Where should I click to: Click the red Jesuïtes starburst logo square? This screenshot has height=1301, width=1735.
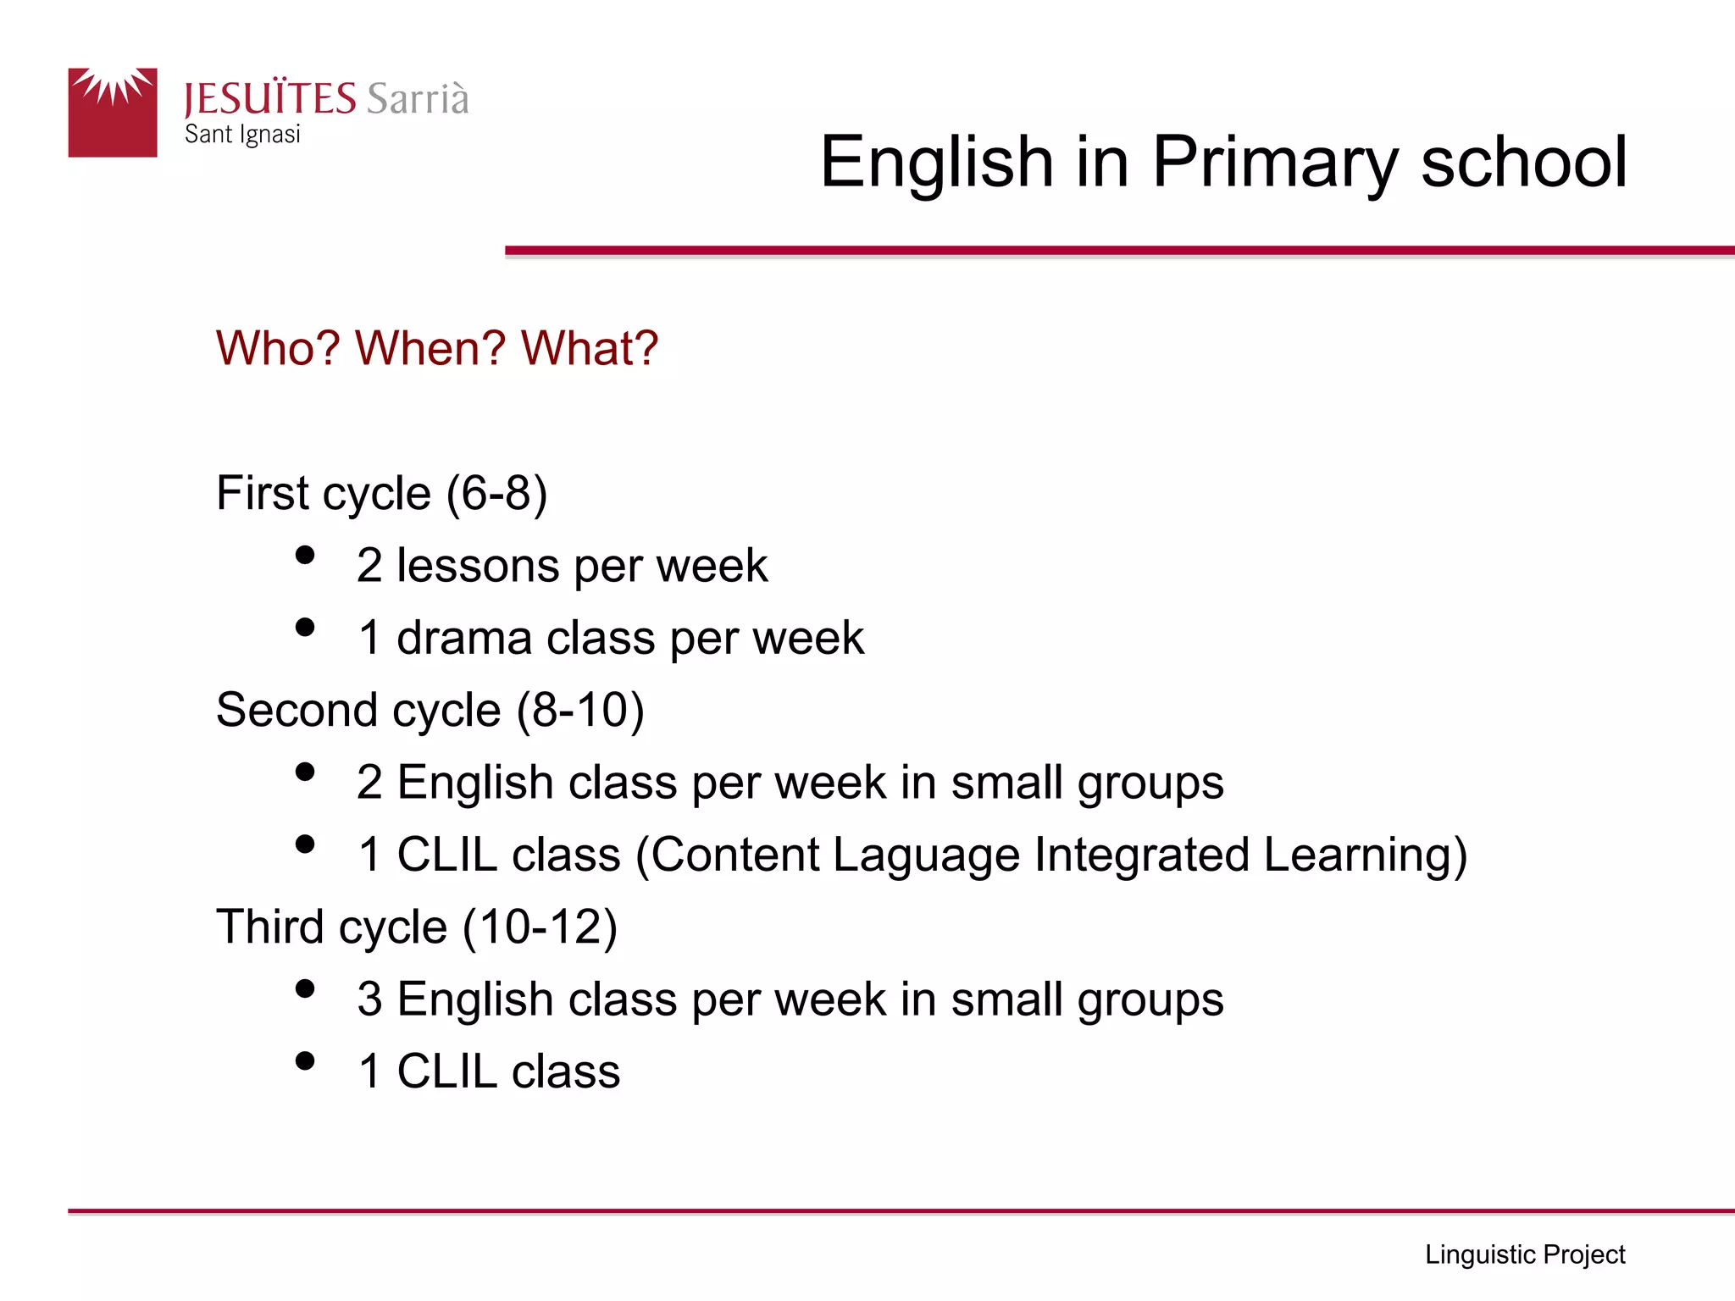[113, 113]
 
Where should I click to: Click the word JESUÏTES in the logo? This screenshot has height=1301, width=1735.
[269, 99]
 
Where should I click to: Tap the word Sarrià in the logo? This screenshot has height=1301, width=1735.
[417, 98]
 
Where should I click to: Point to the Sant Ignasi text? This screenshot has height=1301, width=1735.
[242, 135]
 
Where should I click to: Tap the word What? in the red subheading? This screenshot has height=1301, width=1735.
[589, 348]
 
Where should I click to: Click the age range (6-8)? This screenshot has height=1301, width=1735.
[496, 493]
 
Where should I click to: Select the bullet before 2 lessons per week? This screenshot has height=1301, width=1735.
[305, 556]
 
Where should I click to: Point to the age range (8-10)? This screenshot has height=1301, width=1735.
[580, 710]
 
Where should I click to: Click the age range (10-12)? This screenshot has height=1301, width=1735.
[540, 927]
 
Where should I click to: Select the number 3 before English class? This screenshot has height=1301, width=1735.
[369, 999]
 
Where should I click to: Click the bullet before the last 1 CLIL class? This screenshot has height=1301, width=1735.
[305, 1061]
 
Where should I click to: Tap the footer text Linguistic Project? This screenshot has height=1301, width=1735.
[1524, 1254]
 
